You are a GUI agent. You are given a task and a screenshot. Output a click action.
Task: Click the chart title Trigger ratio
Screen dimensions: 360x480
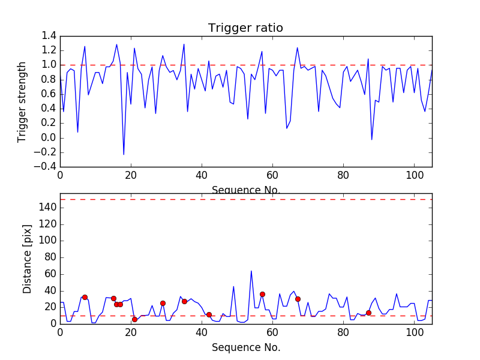(245, 28)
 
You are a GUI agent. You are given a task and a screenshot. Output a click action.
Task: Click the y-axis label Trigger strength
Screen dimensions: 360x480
(22, 101)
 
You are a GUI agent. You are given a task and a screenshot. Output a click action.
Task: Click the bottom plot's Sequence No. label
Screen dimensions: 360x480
(245, 347)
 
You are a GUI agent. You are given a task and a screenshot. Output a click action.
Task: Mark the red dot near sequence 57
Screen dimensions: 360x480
(262, 294)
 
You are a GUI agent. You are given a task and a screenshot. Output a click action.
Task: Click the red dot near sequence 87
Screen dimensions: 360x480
(368, 313)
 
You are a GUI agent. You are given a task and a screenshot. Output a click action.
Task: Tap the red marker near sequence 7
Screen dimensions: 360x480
(85, 297)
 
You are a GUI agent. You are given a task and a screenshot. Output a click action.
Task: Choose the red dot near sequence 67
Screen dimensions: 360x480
(298, 299)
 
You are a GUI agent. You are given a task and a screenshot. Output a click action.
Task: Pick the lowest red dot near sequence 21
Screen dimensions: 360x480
(134, 319)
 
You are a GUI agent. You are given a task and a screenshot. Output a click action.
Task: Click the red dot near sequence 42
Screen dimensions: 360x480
(209, 314)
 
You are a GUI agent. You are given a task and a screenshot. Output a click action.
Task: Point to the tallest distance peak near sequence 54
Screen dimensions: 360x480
(251, 271)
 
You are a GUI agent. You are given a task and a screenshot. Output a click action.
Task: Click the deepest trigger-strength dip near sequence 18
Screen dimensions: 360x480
(124, 155)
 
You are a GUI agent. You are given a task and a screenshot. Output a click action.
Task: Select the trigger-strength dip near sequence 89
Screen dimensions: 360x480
(372, 140)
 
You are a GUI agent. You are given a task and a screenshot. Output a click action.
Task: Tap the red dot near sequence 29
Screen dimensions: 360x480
(163, 303)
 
